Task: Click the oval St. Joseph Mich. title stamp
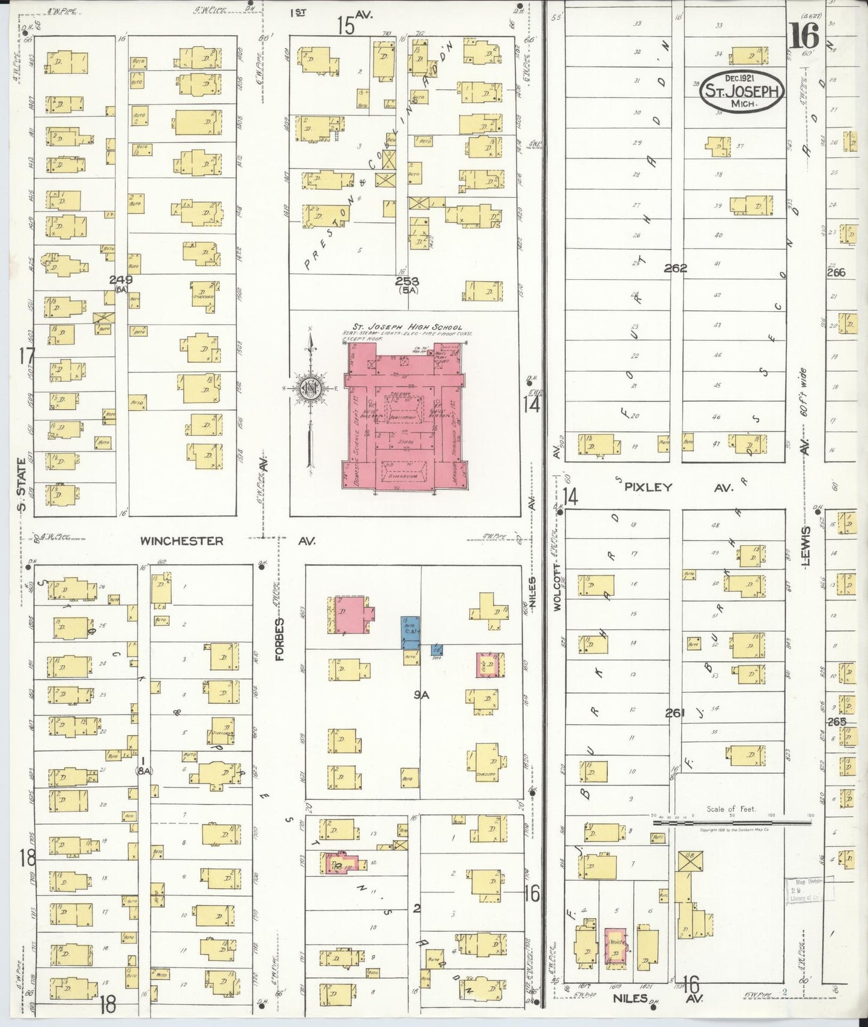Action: (x=742, y=91)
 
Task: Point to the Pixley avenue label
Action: (x=648, y=488)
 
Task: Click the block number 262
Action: (x=675, y=268)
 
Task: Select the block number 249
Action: (x=121, y=279)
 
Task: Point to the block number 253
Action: (x=407, y=280)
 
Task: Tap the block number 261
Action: (x=675, y=713)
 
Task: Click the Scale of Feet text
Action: (x=732, y=808)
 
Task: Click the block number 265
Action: (x=836, y=721)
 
